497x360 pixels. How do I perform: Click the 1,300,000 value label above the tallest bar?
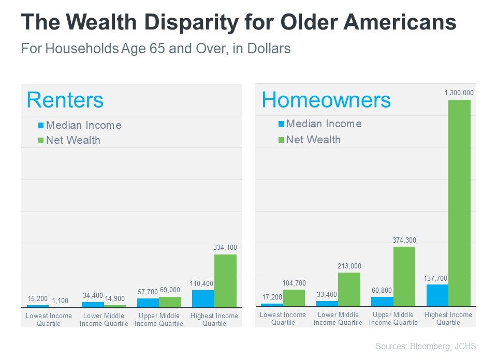pyautogui.click(x=459, y=93)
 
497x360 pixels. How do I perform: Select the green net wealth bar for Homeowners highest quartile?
pyautogui.click(x=459, y=203)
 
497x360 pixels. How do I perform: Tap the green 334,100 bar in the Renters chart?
pyautogui.click(x=225, y=281)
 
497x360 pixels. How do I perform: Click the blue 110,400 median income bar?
pyautogui.click(x=203, y=298)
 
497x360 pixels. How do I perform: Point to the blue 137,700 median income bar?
pyautogui.click(x=437, y=295)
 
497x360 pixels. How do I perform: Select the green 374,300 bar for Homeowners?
pyautogui.click(x=404, y=276)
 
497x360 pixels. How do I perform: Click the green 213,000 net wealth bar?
pyautogui.click(x=349, y=289)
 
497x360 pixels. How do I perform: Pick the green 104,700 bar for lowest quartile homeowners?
pyautogui.click(x=294, y=297)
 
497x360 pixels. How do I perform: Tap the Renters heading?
pyautogui.click(x=65, y=100)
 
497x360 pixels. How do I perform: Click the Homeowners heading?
pyautogui.click(x=326, y=99)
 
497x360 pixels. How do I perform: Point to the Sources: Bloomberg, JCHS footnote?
pyautogui.click(x=425, y=347)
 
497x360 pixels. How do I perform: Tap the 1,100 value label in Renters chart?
pyautogui.click(x=60, y=300)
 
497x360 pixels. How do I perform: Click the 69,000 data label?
pyautogui.click(x=170, y=290)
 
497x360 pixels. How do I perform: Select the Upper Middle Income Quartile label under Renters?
pyautogui.click(x=159, y=320)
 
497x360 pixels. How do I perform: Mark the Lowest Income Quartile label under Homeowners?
pyautogui.click(x=283, y=319)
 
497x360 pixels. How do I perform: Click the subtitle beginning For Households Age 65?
pyautogui.click(x=155, y=49)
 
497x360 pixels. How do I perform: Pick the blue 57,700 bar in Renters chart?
pyautogui.click(x=148, y=303)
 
